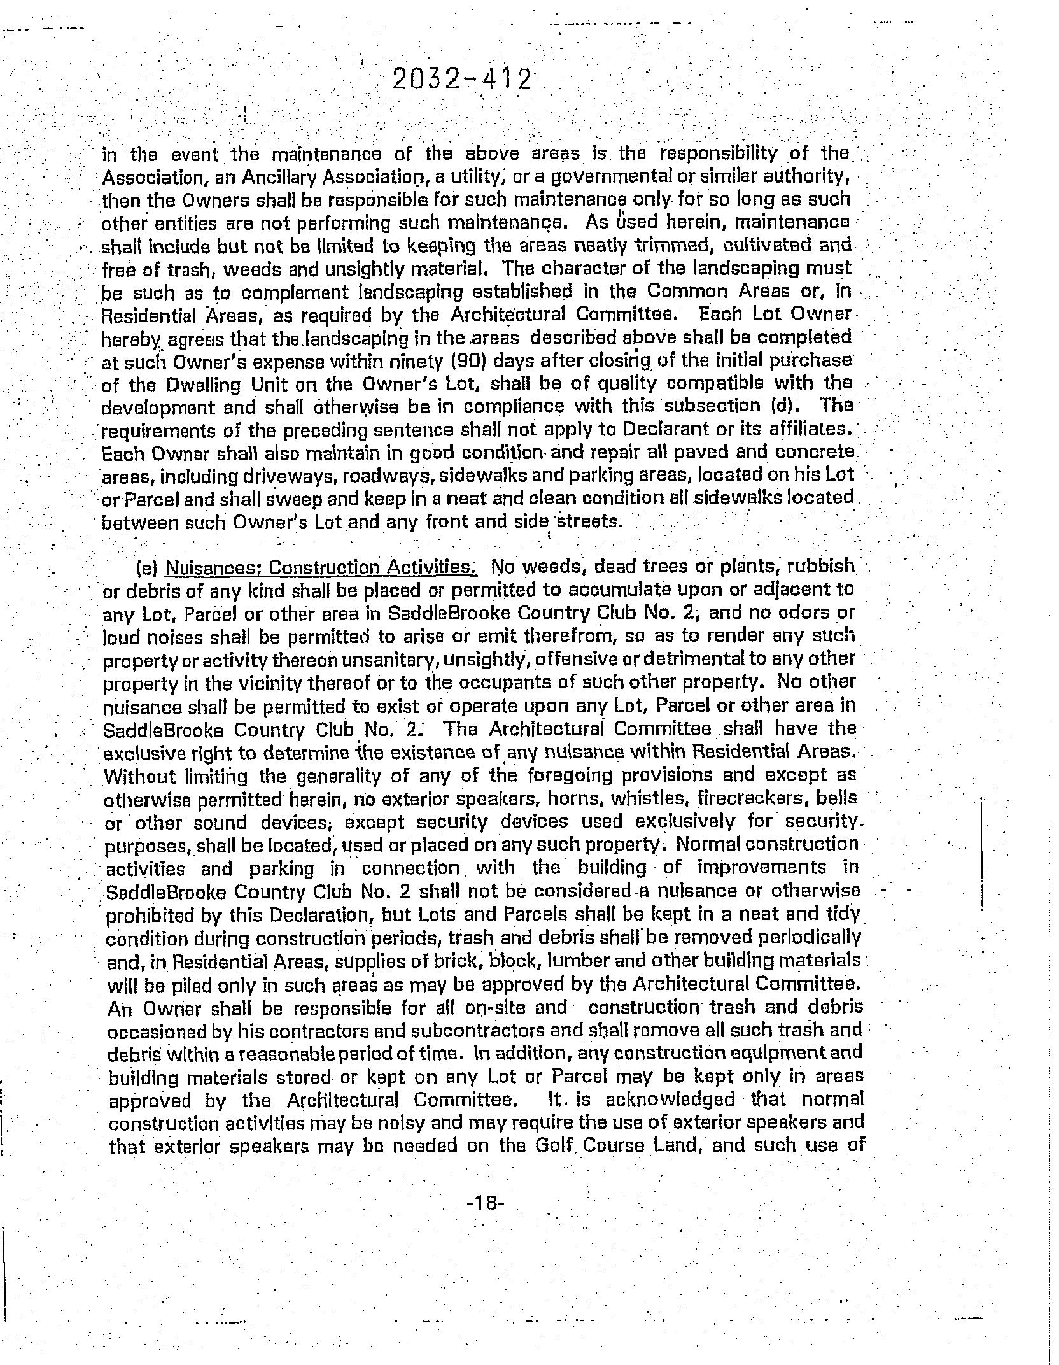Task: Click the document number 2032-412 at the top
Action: click(461, 80)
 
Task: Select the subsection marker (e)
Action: click(146, 567)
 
